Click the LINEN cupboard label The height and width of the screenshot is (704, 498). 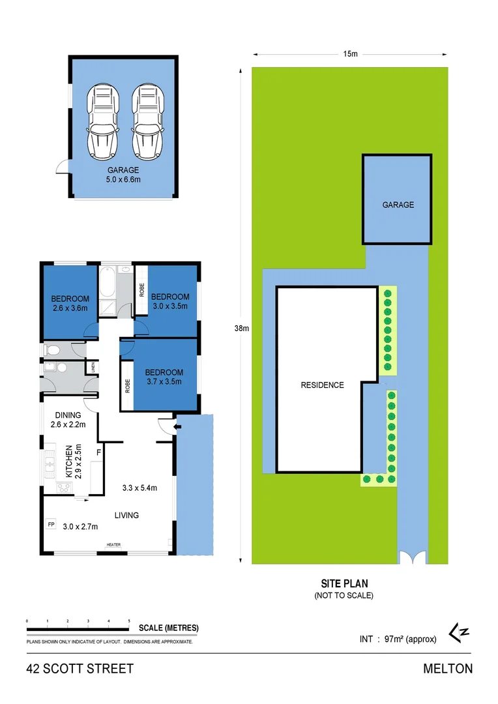[94, 368]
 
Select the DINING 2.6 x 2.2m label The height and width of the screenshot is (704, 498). [68, 420]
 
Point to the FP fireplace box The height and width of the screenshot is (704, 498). [51, 524]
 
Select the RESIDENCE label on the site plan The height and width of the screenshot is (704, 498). [321, 385]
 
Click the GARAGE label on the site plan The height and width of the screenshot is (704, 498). [398, 205]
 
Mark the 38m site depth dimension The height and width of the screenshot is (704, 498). [241, 329]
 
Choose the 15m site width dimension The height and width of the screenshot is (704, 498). [350, 54]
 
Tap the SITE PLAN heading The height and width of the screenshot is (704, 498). [344, 584]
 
